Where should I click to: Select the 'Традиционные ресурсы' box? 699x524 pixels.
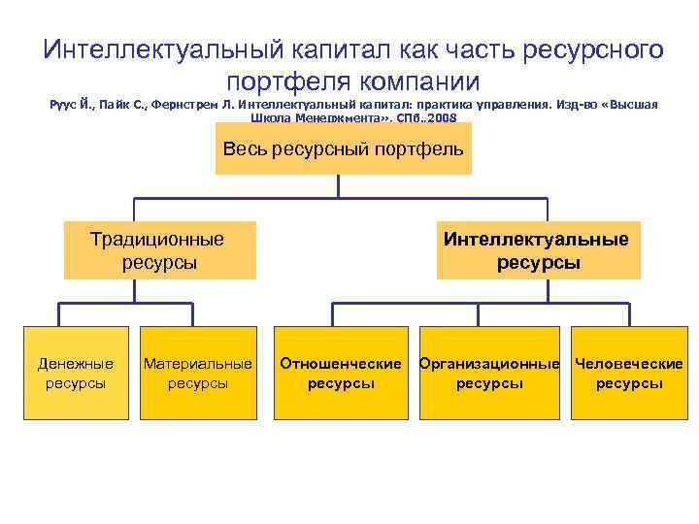160,250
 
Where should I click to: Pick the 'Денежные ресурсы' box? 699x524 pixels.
76,373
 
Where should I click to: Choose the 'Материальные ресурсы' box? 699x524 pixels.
198,373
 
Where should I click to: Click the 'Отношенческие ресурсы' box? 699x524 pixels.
341,373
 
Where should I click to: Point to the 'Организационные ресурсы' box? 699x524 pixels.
489,373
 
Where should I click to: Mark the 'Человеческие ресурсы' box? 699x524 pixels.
629,373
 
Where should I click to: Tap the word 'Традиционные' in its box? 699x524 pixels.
156,239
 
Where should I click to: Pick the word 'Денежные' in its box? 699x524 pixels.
76,364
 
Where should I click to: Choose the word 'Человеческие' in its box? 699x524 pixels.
629,364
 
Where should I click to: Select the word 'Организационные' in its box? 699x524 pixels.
489,364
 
